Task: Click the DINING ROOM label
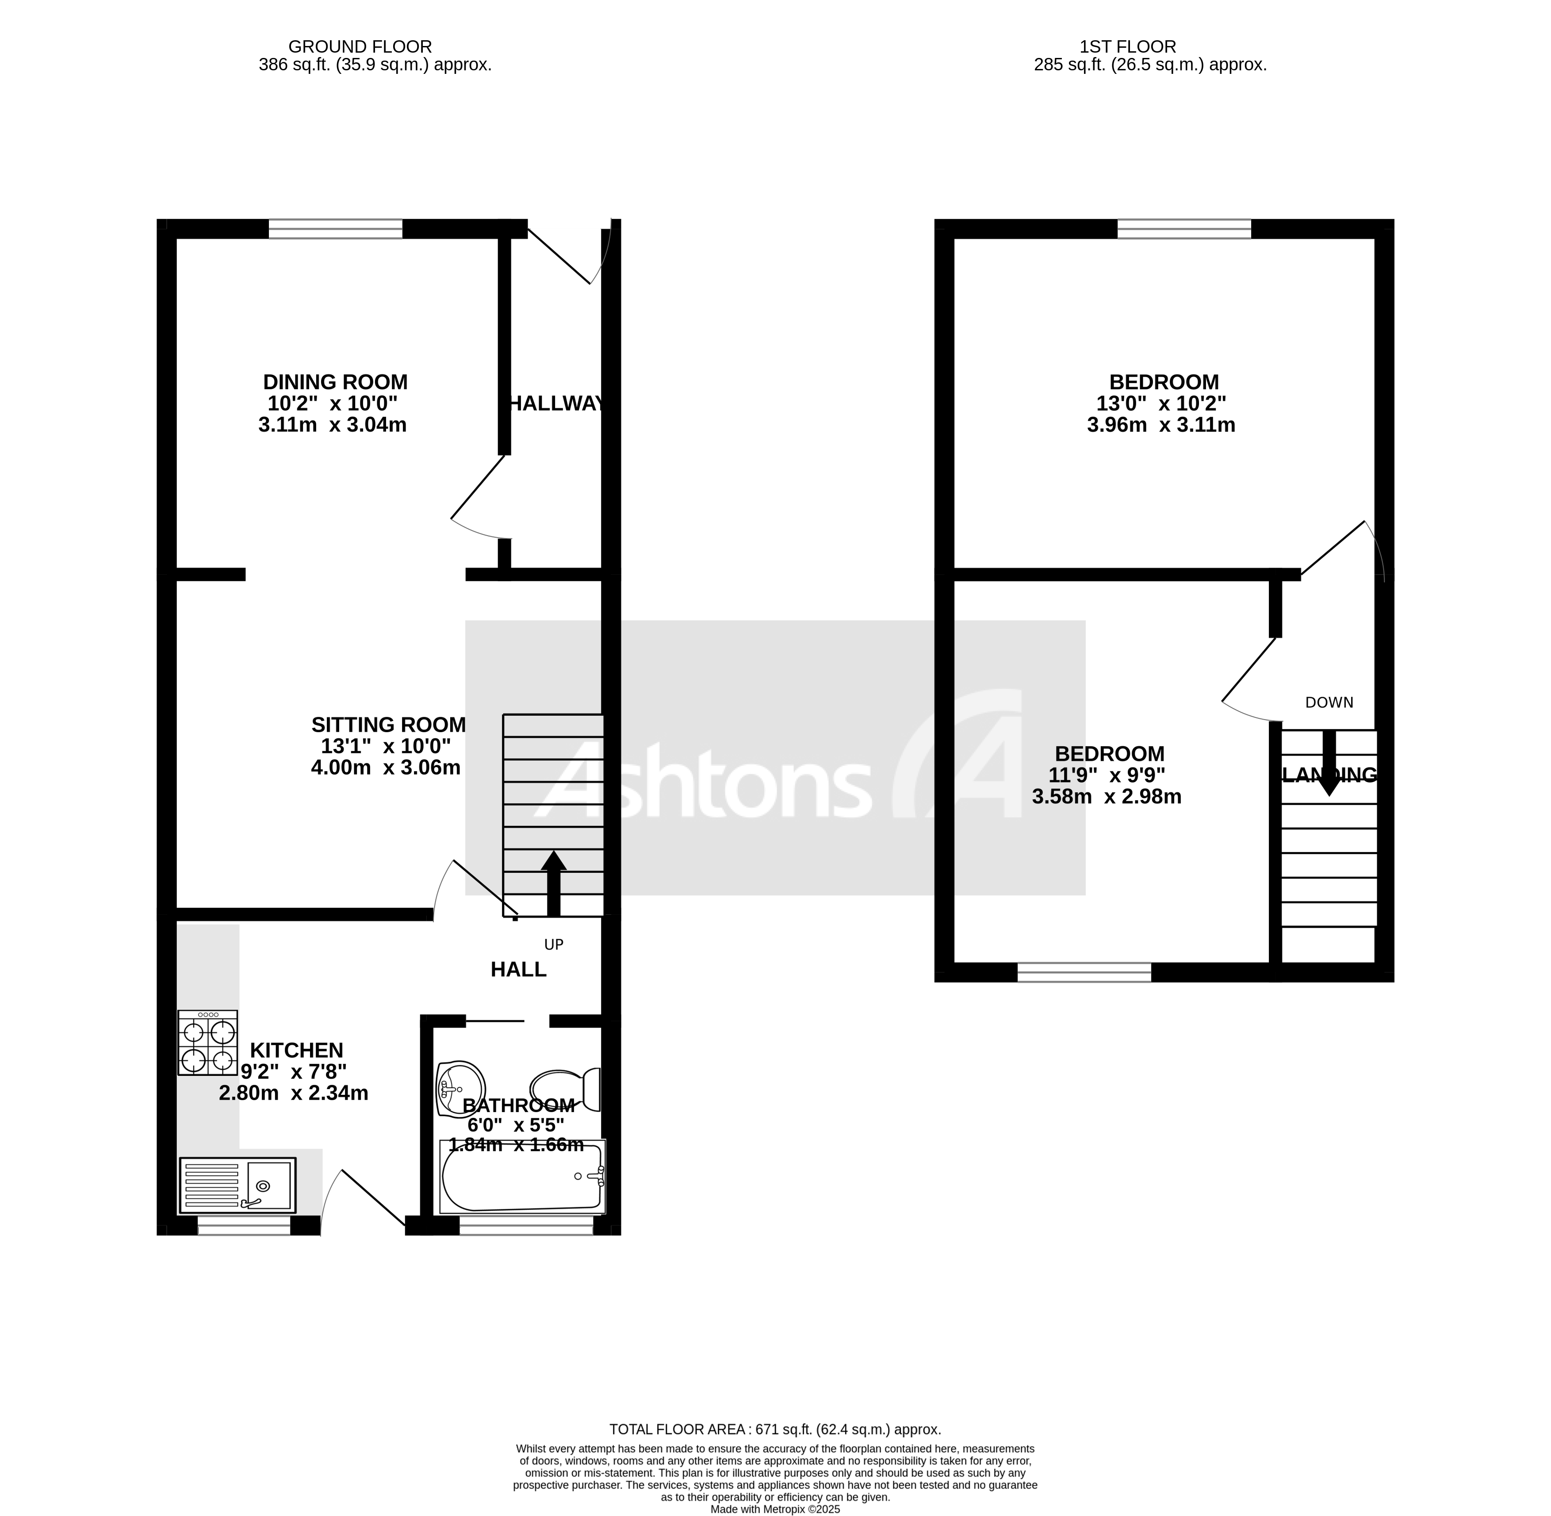(335, 382)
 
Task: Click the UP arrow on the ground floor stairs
(553, 884)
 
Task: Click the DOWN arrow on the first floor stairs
(1328, 763)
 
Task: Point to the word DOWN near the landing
(1329, 702)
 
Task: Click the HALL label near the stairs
(518, 969)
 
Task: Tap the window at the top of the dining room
(335, 229)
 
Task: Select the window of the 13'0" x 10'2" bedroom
(1184, 229)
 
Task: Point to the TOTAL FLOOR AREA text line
(775, 1429)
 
